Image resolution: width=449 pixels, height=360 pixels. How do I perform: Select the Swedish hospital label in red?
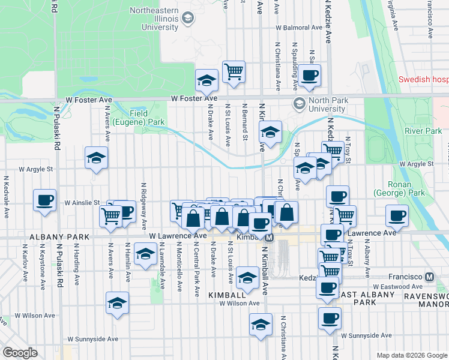pos(424,80)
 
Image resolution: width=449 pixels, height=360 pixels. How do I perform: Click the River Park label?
pos(423,131)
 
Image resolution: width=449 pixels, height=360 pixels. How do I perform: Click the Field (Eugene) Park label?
pos(147,118)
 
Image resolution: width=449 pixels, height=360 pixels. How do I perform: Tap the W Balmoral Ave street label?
pos(299,28)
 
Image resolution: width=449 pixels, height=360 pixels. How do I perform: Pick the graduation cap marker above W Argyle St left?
pos(96,158)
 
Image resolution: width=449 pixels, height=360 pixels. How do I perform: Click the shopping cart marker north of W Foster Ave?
pos(233,71)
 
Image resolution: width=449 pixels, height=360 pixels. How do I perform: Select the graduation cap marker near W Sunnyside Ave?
pos(260,325)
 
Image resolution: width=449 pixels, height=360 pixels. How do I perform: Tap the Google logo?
pos(20,353)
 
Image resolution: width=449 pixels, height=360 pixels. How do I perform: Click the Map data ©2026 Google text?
pos(411,355)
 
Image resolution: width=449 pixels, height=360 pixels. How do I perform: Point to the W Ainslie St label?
pos(82,203)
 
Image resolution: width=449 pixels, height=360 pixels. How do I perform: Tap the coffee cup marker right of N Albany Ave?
pos(396,215)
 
